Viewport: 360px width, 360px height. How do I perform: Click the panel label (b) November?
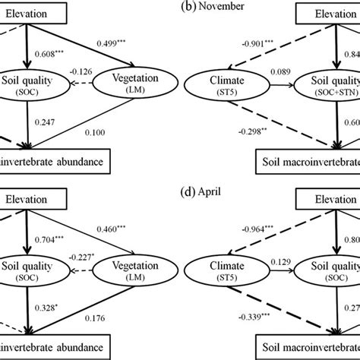tap(180, 6)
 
